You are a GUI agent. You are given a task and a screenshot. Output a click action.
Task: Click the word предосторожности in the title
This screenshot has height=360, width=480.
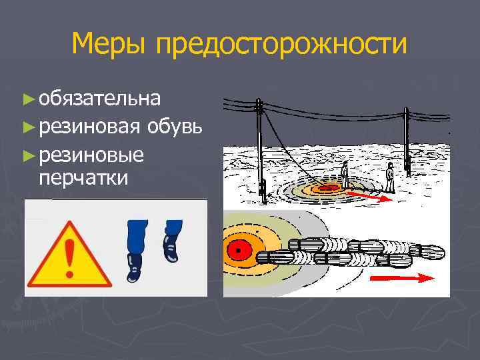tap(280, 45)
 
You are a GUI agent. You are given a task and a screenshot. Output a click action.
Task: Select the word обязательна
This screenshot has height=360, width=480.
tap(99, 99)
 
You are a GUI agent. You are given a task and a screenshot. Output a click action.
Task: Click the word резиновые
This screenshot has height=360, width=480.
tap(91, 155)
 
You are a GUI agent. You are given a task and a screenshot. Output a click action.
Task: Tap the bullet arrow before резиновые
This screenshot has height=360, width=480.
tap(27, 155)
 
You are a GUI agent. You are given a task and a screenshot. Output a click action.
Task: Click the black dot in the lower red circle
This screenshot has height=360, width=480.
tap(236, 250)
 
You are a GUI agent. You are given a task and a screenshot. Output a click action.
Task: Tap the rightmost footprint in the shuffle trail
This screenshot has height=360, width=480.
tap(429, 253)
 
